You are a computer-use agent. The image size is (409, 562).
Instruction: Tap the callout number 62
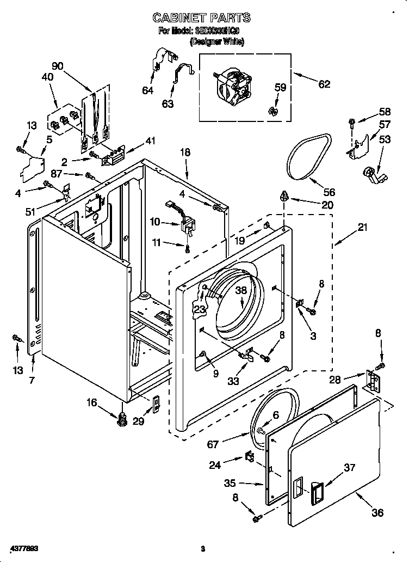pos(324,84)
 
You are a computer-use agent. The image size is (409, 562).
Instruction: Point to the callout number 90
pos(57,66)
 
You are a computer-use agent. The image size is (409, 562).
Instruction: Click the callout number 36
pos(377,512)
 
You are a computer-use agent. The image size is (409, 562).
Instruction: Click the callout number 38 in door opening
pos(241,291)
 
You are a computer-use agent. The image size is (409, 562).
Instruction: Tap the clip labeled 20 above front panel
pos(283,196)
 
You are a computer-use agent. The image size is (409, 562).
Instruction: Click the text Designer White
pos(216,41)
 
